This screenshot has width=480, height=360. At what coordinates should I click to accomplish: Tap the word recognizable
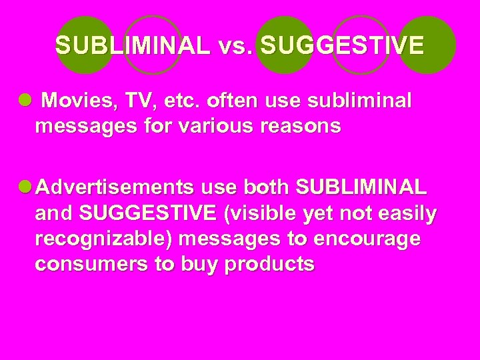point(109,239)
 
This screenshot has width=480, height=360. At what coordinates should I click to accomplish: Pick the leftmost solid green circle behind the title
point(85,45)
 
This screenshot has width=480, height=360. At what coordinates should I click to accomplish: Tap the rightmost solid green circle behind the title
point(427,45)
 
